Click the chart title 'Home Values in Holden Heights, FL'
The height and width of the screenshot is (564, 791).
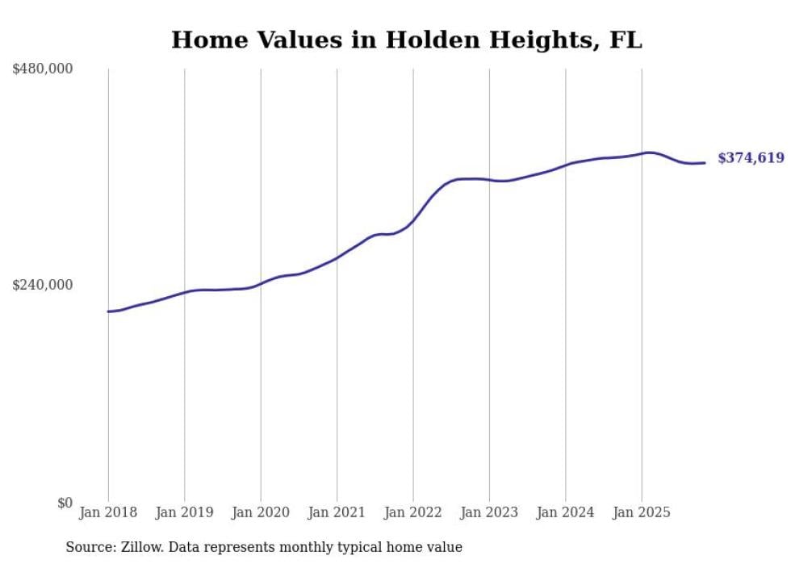coord(407,40)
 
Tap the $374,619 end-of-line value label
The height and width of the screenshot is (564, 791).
coord(751,158)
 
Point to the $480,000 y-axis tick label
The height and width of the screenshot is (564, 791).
coord(43,69)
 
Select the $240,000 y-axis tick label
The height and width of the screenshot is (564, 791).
coord(43,285)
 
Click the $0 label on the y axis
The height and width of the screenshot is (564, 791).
coord(65,503)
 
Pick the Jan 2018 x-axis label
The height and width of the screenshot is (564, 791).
coord(108,512)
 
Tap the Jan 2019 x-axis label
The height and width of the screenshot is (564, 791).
coord(184,512)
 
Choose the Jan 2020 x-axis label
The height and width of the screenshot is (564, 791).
coord(261,512)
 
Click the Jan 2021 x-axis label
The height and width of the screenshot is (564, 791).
coord(337,512)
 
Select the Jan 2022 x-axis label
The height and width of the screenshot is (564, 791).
coord(413,512)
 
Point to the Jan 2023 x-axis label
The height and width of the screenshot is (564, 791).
coord(489,512)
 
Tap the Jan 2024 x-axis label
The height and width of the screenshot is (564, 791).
coord(566,512)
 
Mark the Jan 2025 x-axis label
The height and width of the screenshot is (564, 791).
coord(642,512)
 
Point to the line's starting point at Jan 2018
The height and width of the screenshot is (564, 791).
coord(108,311)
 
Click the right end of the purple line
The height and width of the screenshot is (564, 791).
coord(705,163)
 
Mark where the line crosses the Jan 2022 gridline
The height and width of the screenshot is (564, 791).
coord(413,220)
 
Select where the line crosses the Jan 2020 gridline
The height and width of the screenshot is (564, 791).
coord(261,284)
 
